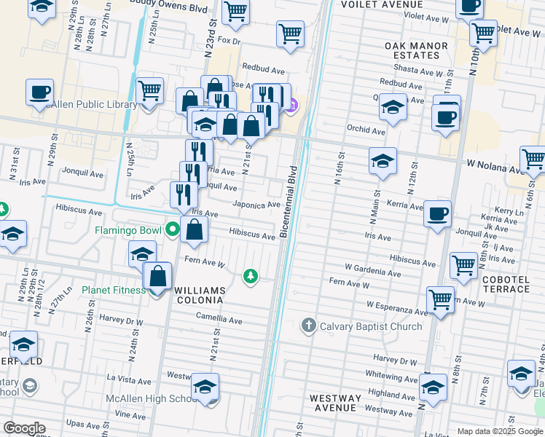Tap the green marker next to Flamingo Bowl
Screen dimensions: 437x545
pos(172,230)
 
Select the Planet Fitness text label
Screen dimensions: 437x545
pos(114,290)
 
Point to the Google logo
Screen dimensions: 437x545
pos(24,428)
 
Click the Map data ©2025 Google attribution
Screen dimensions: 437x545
pos(499,431)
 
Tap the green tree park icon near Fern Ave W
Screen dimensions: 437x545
pos(251,276)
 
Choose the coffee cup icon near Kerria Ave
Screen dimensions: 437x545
pos(437,213)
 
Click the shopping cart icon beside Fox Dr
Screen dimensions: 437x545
pos(290,33)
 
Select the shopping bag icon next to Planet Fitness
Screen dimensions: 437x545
pos(157,277)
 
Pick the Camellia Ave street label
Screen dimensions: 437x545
pos(219,319)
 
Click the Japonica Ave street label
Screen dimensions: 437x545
pos(256,205)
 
